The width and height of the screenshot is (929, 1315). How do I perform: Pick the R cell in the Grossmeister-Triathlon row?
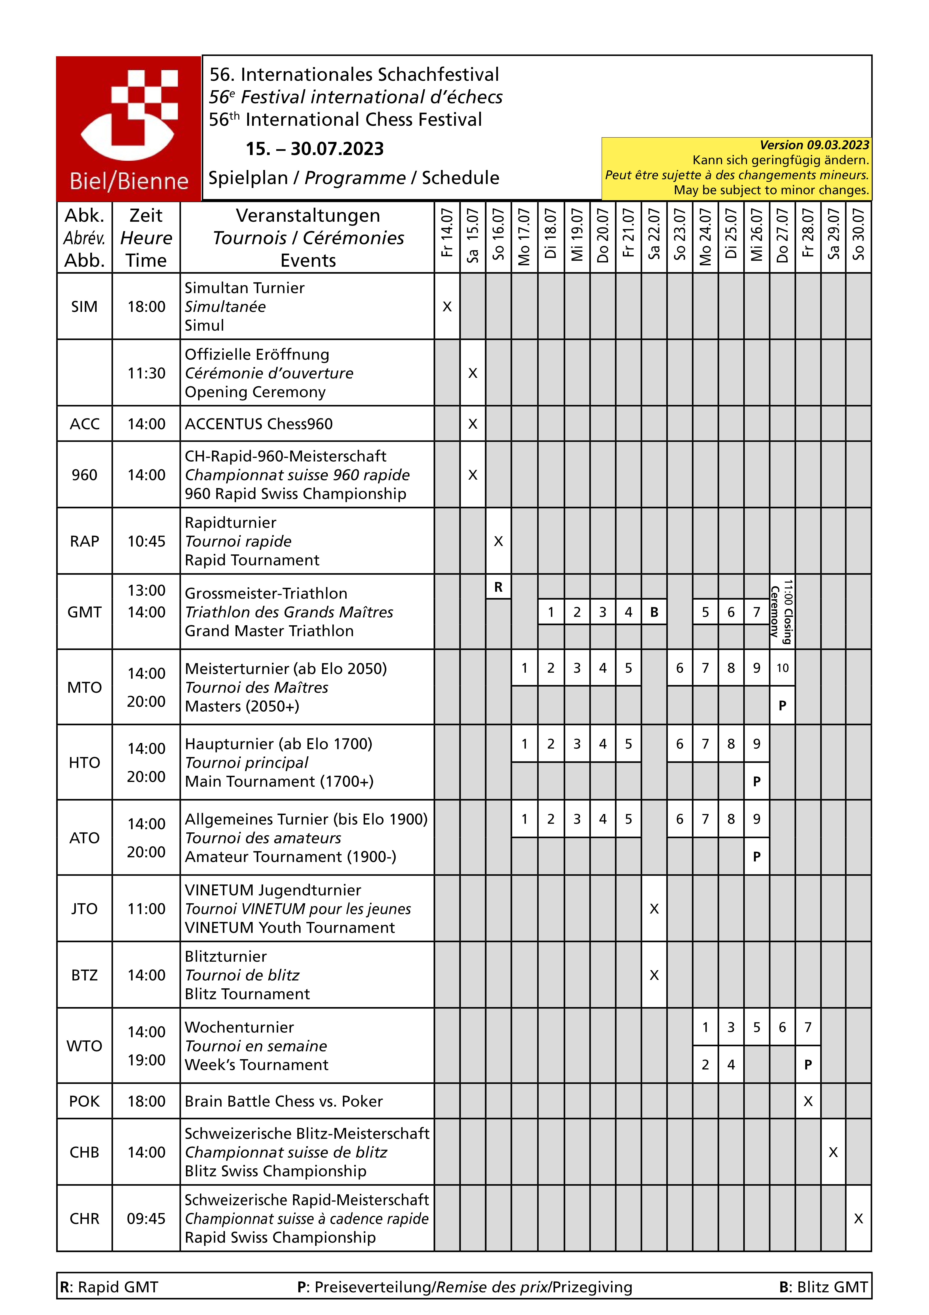click(498, 587)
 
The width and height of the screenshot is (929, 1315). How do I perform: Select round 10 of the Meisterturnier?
click(782, 668)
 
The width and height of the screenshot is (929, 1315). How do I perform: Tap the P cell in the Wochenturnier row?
click(808, 1065)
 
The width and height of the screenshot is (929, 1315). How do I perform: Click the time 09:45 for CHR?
click(146, 1218)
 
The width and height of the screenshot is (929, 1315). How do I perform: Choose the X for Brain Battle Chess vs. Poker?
click(808, 1101)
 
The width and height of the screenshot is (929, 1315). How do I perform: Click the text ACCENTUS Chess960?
click(259, 424)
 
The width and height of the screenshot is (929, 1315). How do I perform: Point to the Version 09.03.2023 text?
click(814, 145)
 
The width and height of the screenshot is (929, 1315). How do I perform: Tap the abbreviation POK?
click(84, 1101)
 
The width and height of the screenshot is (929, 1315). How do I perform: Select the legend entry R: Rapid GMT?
click(109, 1287)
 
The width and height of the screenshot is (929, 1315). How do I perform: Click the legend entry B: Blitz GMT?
click(823, 1287)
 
